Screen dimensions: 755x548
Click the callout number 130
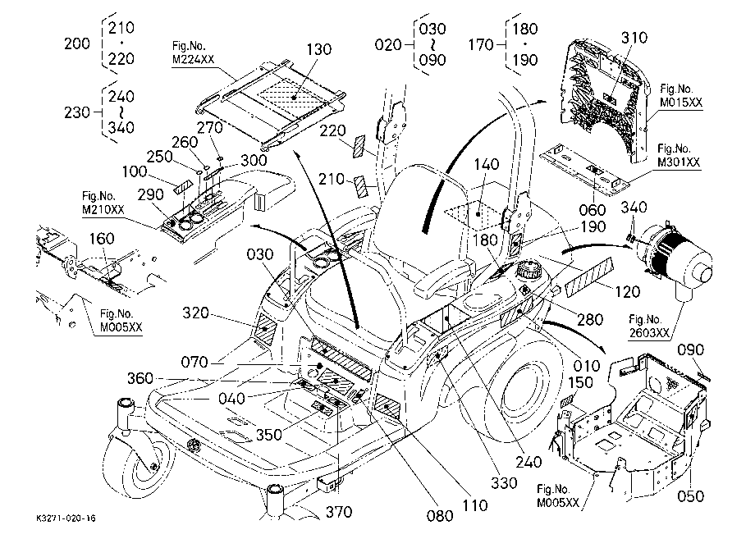click(319, 49)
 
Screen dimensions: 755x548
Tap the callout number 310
click(634, 37)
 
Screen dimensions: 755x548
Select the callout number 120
click(628, 291)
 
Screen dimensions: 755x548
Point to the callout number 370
click(339, 512)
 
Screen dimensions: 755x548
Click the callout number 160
click(102, 238)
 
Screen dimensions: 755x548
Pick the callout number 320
click(195, 313)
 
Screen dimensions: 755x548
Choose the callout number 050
click(690, 496)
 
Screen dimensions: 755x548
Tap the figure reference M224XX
click(193, 59)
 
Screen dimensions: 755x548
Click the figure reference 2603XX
click(649, 332)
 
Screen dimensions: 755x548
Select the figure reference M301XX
click(679, 162)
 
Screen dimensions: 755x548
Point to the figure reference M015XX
click(681, 102)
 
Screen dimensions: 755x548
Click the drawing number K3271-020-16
click(66, 518)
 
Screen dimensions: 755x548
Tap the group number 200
click(77, 43)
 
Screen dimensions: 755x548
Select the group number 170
click(481, 45)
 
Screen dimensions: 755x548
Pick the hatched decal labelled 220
click(359, 147)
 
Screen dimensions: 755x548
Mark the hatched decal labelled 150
click(568, 401)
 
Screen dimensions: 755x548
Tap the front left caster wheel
click(138, 461)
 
